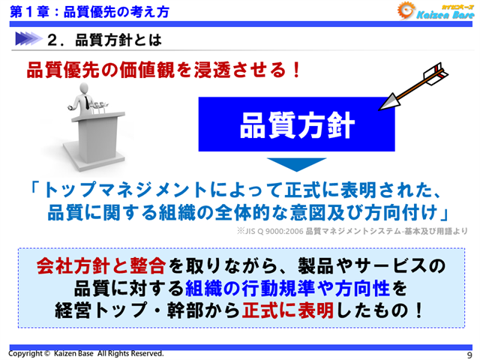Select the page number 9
click(x=469, y=354)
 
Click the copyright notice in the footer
click(x=85, y=352)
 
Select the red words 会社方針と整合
click(x=101, y=266)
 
